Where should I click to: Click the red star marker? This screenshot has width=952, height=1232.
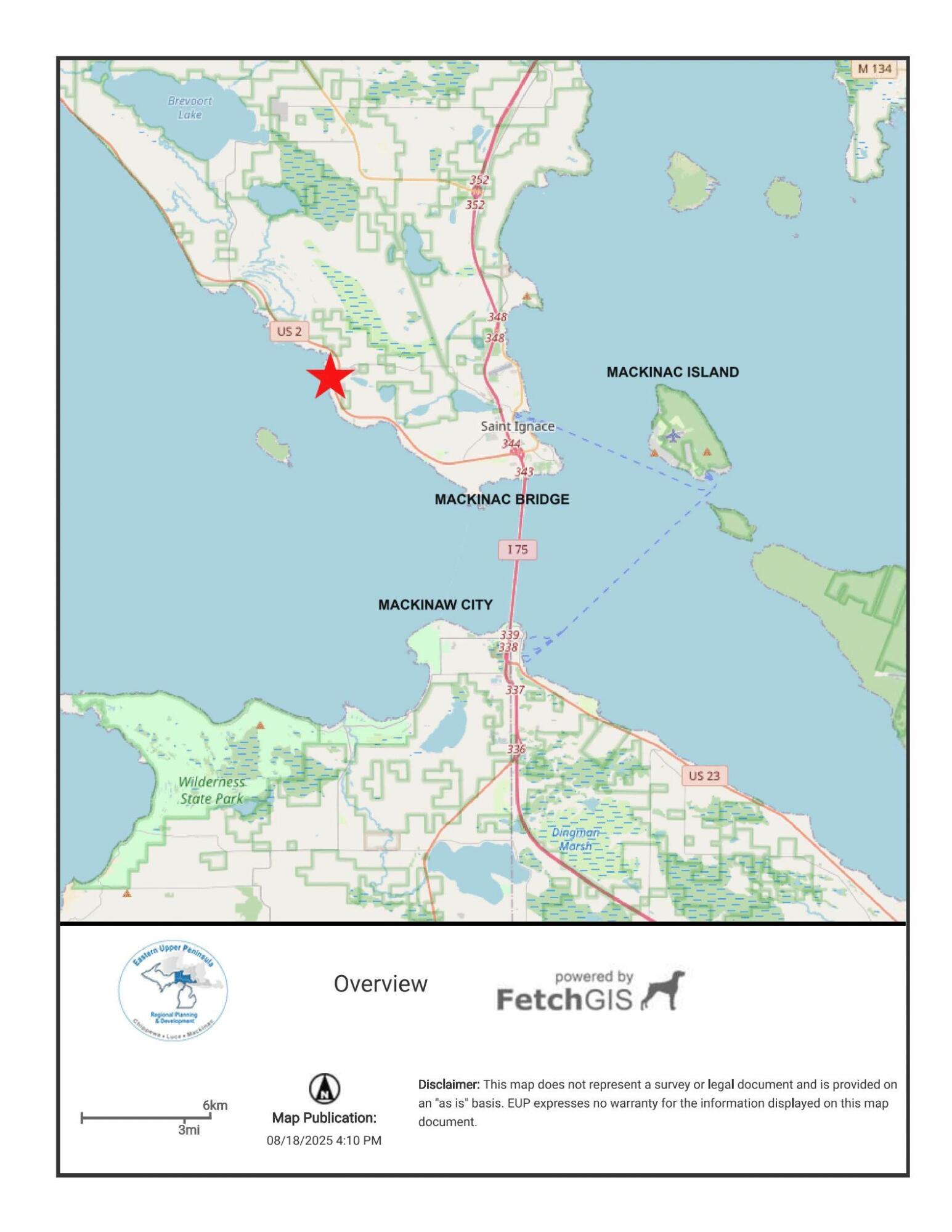(x=330, y=376)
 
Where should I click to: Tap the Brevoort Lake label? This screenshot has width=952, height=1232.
(x=190, y=107)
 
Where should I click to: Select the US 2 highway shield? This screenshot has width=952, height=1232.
(x=289, y=331)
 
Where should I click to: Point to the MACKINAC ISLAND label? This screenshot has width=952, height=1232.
(x=672, y=372)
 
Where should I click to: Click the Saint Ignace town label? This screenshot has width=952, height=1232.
(x=517, y=426)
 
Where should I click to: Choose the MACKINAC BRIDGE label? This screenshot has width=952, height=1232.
(x=502, y=499)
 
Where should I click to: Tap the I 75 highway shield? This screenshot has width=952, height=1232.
(x=518, y=549)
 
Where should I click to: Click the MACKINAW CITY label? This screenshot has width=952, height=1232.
(x=435, y=604)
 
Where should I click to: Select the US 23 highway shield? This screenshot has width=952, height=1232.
(x=704, y=776)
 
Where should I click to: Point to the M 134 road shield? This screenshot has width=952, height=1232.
(x=874, y=68)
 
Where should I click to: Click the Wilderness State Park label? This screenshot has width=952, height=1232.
(x=211, y=790)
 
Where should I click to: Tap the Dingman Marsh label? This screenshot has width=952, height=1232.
(x=575, y=839)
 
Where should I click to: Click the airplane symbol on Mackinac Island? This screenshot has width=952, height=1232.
(x=673, y=436)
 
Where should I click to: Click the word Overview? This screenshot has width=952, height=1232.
(x=380, y=984)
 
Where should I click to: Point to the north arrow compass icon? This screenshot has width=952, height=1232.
(x=324, y=1088)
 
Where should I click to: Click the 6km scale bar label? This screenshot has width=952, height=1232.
(x=215, y=1105)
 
